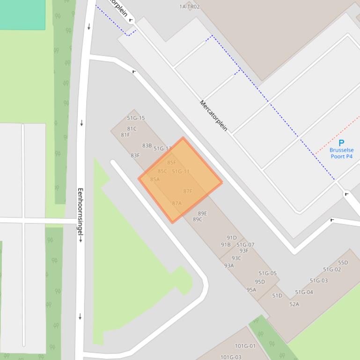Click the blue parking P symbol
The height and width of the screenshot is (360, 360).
pos(341,143)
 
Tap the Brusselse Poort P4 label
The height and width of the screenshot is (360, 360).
pos(341,153)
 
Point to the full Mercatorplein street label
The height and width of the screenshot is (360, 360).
pos(213,115)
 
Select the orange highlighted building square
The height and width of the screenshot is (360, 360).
pos(180,180)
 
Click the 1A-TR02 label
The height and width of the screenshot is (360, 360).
pos(189,7)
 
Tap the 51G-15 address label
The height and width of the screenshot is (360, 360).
pos(136,118)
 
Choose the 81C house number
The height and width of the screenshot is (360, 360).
pos(132,129)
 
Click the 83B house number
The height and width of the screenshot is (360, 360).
pos(147,145)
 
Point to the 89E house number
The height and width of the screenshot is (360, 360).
pos(202,213)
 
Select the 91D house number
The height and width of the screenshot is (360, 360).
pos(232,238)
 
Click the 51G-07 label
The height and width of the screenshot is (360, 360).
pos(245,245)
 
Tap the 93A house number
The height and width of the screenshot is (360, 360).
pos(229,266)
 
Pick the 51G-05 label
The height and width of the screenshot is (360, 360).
pos(267,274)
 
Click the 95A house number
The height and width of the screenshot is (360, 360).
pos(251,289)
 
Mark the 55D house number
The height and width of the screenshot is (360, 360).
pos(343,263)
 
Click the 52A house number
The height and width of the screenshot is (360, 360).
pos(294,304)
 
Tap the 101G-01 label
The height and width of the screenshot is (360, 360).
pos(245,346)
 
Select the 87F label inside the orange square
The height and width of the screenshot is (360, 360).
pos(188,191)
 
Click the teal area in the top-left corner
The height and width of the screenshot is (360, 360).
pos(22,14)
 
